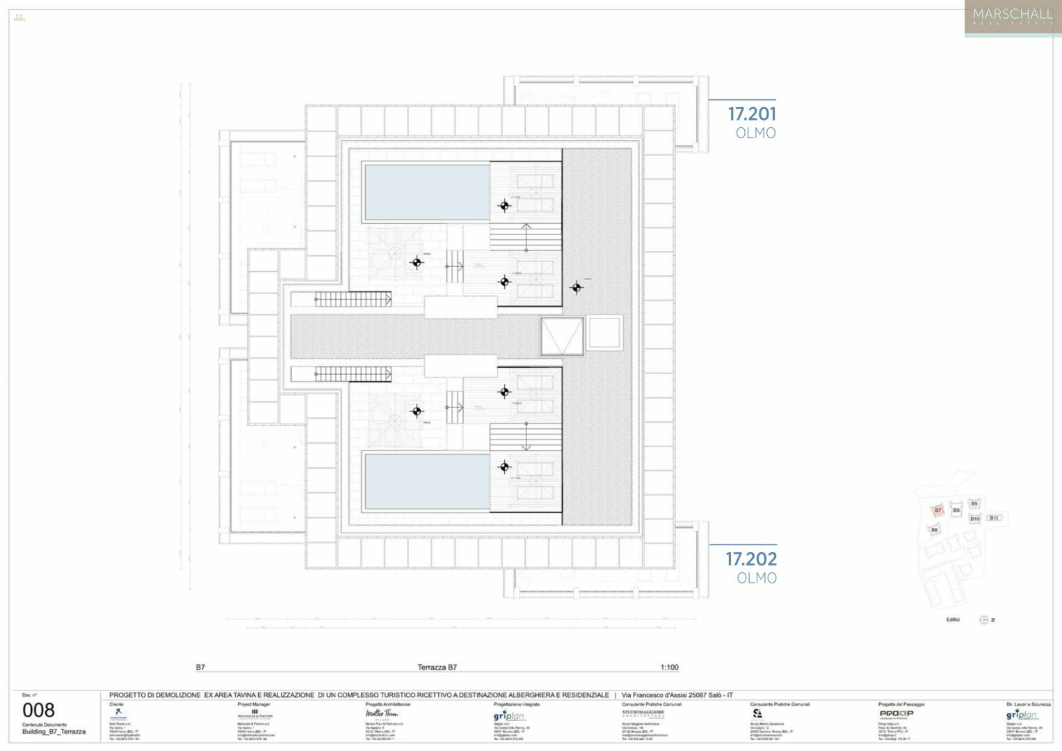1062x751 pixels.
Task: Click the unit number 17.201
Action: pos(752,113)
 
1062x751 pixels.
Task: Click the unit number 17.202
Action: pos(752,558)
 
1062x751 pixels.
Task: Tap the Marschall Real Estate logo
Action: pos(1012,17)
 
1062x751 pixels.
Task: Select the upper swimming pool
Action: pos(426,193)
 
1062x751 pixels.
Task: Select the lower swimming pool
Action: pos(426,481)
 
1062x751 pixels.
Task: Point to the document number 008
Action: pos(38,710)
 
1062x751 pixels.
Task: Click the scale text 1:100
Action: pos(669,668)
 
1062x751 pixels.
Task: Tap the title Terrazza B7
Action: pos(437,668)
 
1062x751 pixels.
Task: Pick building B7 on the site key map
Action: pos(938,510)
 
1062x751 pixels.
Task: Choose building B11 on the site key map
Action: pos(994,518)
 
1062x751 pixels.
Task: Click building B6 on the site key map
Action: pos(934,530)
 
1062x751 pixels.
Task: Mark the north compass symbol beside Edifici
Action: pos(983,620)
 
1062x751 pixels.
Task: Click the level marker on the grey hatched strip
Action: pos(576,287)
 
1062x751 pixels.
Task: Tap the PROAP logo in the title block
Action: pos(896,713)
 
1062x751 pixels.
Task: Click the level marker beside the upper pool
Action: pos(504,205)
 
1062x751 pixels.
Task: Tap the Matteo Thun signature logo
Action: pos(381,713)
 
